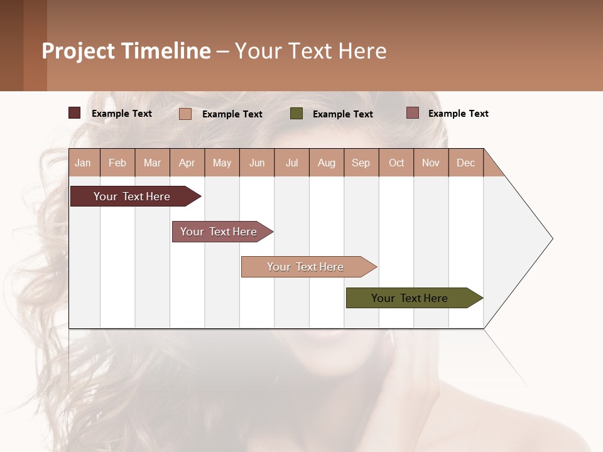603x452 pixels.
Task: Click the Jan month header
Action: pyautogui.click(x=84, y=163)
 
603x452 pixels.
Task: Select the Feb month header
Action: pyautogui.click(x=117, y=163)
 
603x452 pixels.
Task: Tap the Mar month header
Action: pyautogui.click(x=152, y=163)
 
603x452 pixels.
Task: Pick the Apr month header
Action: pyautogui.click(x=187, y=163)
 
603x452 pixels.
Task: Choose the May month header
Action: pyautogui.click(x=222, y=163)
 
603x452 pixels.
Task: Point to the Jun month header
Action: pyautogui.click(x=257, y=163)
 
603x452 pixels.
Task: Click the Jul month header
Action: pyautogui.click(x=291, y=163)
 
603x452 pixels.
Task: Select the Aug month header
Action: pyautogui.click(x=327, y=163)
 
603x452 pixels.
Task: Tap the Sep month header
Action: pyautogui.click(x=361, y=163)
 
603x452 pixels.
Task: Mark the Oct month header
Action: pyautogui.click(x=396, y=163)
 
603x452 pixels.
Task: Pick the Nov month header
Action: pyautogui.click(x=431, y=163)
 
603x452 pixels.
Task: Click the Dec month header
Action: pyautogui.click(x=465, y=163)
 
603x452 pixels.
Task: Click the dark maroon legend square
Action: pyautogui.click(x=75, y=113)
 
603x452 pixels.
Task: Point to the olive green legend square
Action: pyautogui.click(x=296, y=114)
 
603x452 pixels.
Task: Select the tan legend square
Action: pyautogui.click(x=185, y=114)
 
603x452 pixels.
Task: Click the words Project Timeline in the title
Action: pyautogui.click(x=126, y=51)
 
